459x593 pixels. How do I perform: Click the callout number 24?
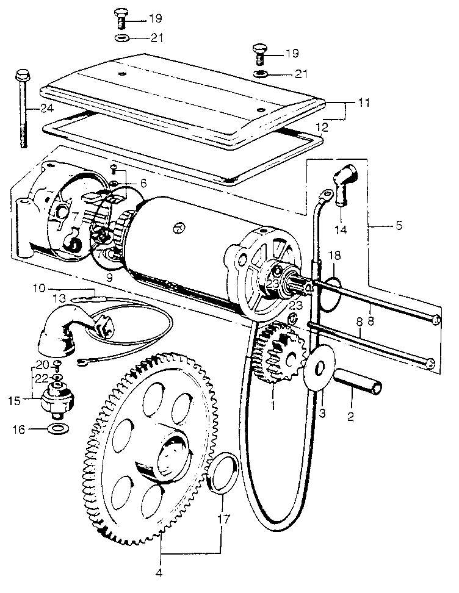tap(47, 109)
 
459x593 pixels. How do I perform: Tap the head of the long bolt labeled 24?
tap(23, 74)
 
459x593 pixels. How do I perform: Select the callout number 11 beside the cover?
tap(364, 102)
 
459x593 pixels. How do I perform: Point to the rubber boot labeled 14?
tap(345, 185)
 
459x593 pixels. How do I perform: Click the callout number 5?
tap(399, 225)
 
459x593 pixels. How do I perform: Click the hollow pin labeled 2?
tap(358, 382)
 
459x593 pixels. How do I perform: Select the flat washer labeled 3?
tap(320, 367)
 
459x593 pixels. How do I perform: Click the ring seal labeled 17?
tap(225, 473)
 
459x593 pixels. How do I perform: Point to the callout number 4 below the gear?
tap(159, 573)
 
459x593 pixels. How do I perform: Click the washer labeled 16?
tap(58, 429)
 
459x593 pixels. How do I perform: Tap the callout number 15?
tap(14, 400)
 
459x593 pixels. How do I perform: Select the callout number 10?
tap(38, 288)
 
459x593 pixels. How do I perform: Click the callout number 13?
tap(59, 298)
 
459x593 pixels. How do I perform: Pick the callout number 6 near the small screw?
tap(143, 183)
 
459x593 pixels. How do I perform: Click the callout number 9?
tap(109, 278)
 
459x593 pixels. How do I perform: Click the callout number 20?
tap(42, 365)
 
